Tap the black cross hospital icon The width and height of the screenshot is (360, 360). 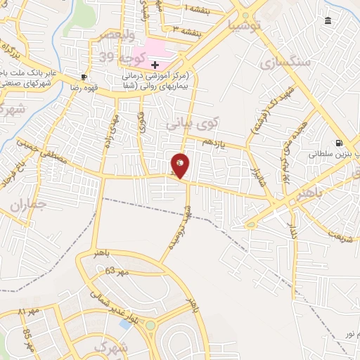tap(155, 65)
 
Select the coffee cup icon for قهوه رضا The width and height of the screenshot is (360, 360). tap(84, 77)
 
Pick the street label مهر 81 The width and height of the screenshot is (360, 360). tap(32, 311)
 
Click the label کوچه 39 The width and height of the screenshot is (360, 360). tap(131, 56)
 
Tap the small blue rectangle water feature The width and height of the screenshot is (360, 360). tap(127, 325)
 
